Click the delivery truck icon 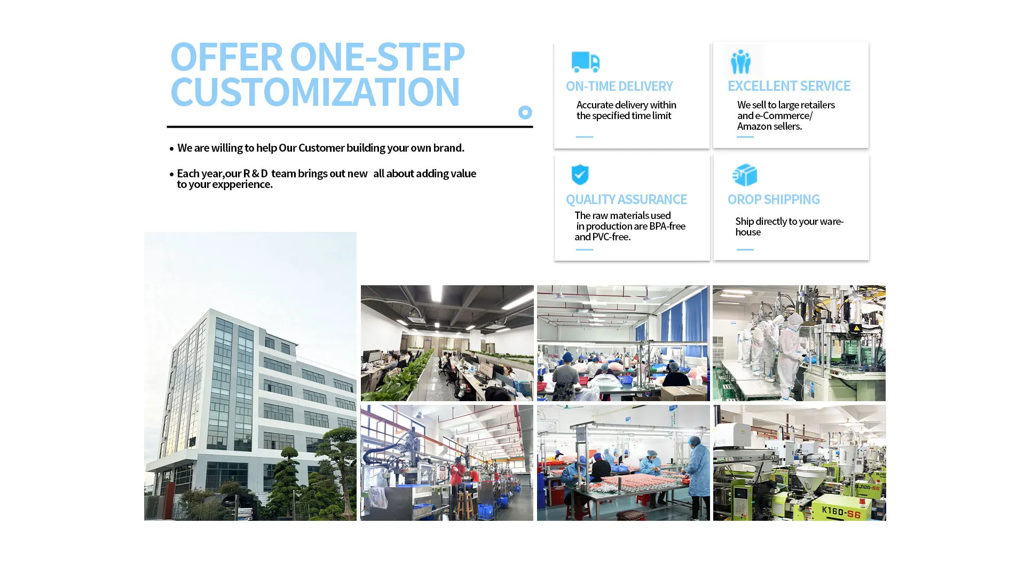(585, 61)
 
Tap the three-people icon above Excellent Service (740, 61)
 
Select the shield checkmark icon (580, 175)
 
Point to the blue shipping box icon (745, 175)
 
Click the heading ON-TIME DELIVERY (619, 86)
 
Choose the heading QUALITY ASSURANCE (626, 199)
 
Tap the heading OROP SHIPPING (774, 199)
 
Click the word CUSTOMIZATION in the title (315, 92)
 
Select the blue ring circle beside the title (525, 112)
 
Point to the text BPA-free (667, 226)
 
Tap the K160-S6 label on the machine (841, 512)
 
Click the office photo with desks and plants (447, 343)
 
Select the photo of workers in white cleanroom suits (799, 343)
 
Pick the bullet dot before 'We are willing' (171, 148)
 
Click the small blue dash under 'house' (745, 249)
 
